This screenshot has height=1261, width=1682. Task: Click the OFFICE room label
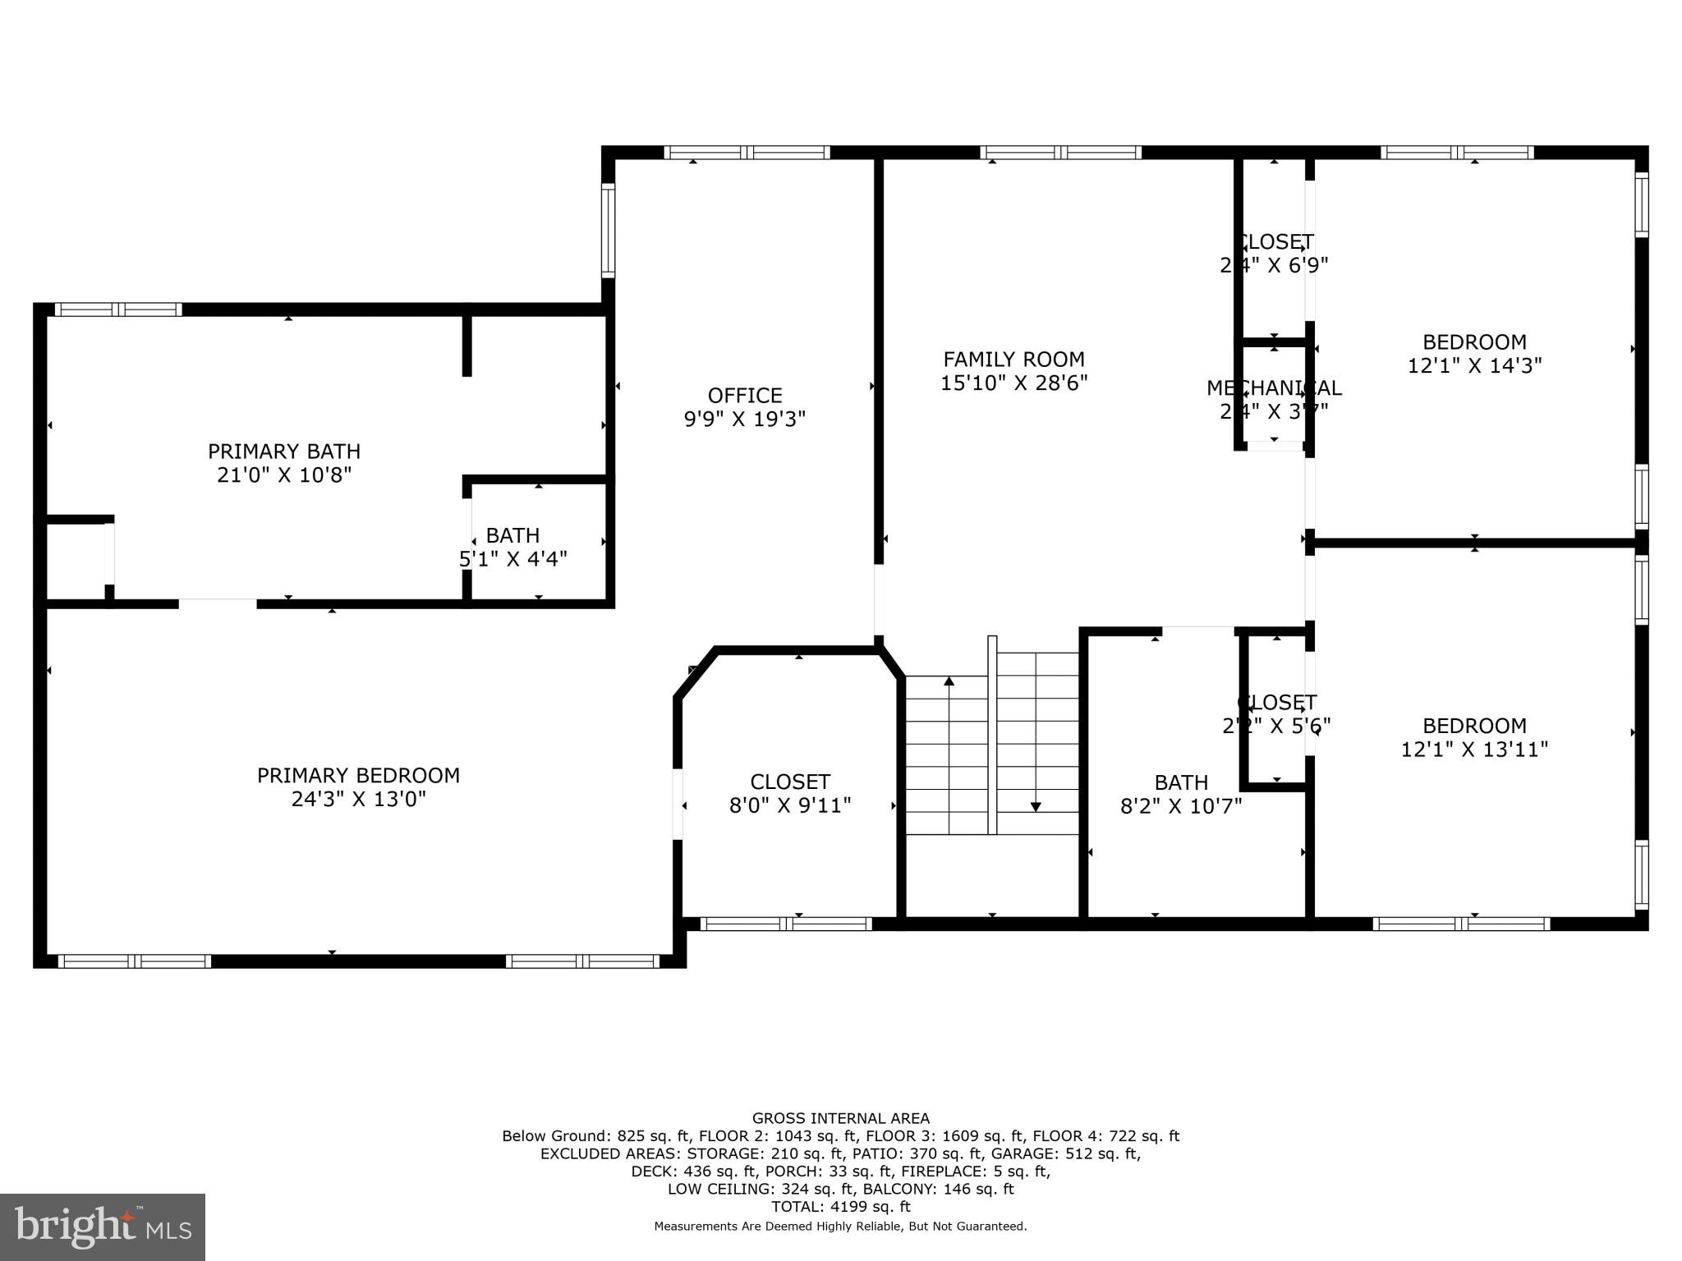point(745,396)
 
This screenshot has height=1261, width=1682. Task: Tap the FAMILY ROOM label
point(1013,360)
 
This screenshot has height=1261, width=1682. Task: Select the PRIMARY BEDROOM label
point(358,776)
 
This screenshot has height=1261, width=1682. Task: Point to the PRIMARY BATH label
point(283,452)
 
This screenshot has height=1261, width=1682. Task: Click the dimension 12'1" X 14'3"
point(1474,366)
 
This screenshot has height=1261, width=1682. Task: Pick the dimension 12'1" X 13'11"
point(1474,750)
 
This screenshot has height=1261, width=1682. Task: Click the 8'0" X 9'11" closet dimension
point(790,805)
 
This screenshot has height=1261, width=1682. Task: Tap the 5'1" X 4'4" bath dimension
point(513,559)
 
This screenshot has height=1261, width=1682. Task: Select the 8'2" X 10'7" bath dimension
point(1181,806)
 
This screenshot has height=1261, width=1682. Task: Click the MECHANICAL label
point(1274,387)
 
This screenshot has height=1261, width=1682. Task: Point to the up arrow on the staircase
point(949,681)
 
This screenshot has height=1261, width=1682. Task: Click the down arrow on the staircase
point(1036,806)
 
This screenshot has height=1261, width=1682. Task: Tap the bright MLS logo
point(103,1227)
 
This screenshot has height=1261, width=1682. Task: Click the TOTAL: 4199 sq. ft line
point(840,1207)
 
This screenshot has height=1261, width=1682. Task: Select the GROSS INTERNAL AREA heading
point(840,1118)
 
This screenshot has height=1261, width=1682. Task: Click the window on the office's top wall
point(747,153)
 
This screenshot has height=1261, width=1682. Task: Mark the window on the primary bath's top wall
point(118,310)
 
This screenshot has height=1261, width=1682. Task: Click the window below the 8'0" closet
point(786,924)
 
